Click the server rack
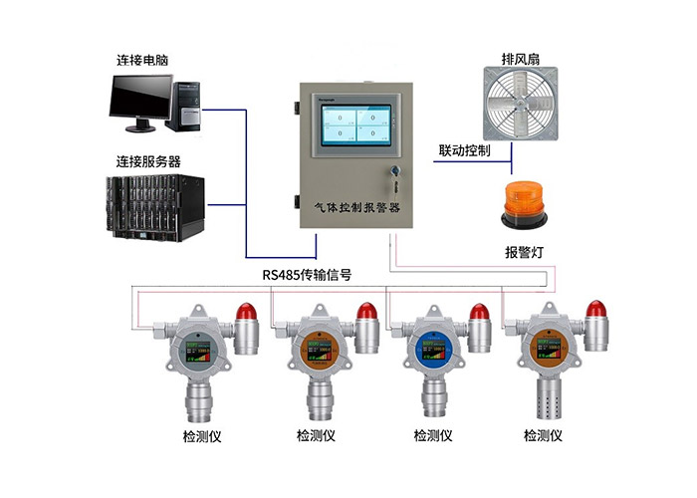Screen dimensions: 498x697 (155, 209)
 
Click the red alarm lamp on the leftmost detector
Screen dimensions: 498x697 (245, 322)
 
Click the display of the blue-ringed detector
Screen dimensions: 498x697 (434, 353)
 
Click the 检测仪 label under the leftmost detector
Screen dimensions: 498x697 (203, 435)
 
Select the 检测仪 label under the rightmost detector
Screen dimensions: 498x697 (544, 435)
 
